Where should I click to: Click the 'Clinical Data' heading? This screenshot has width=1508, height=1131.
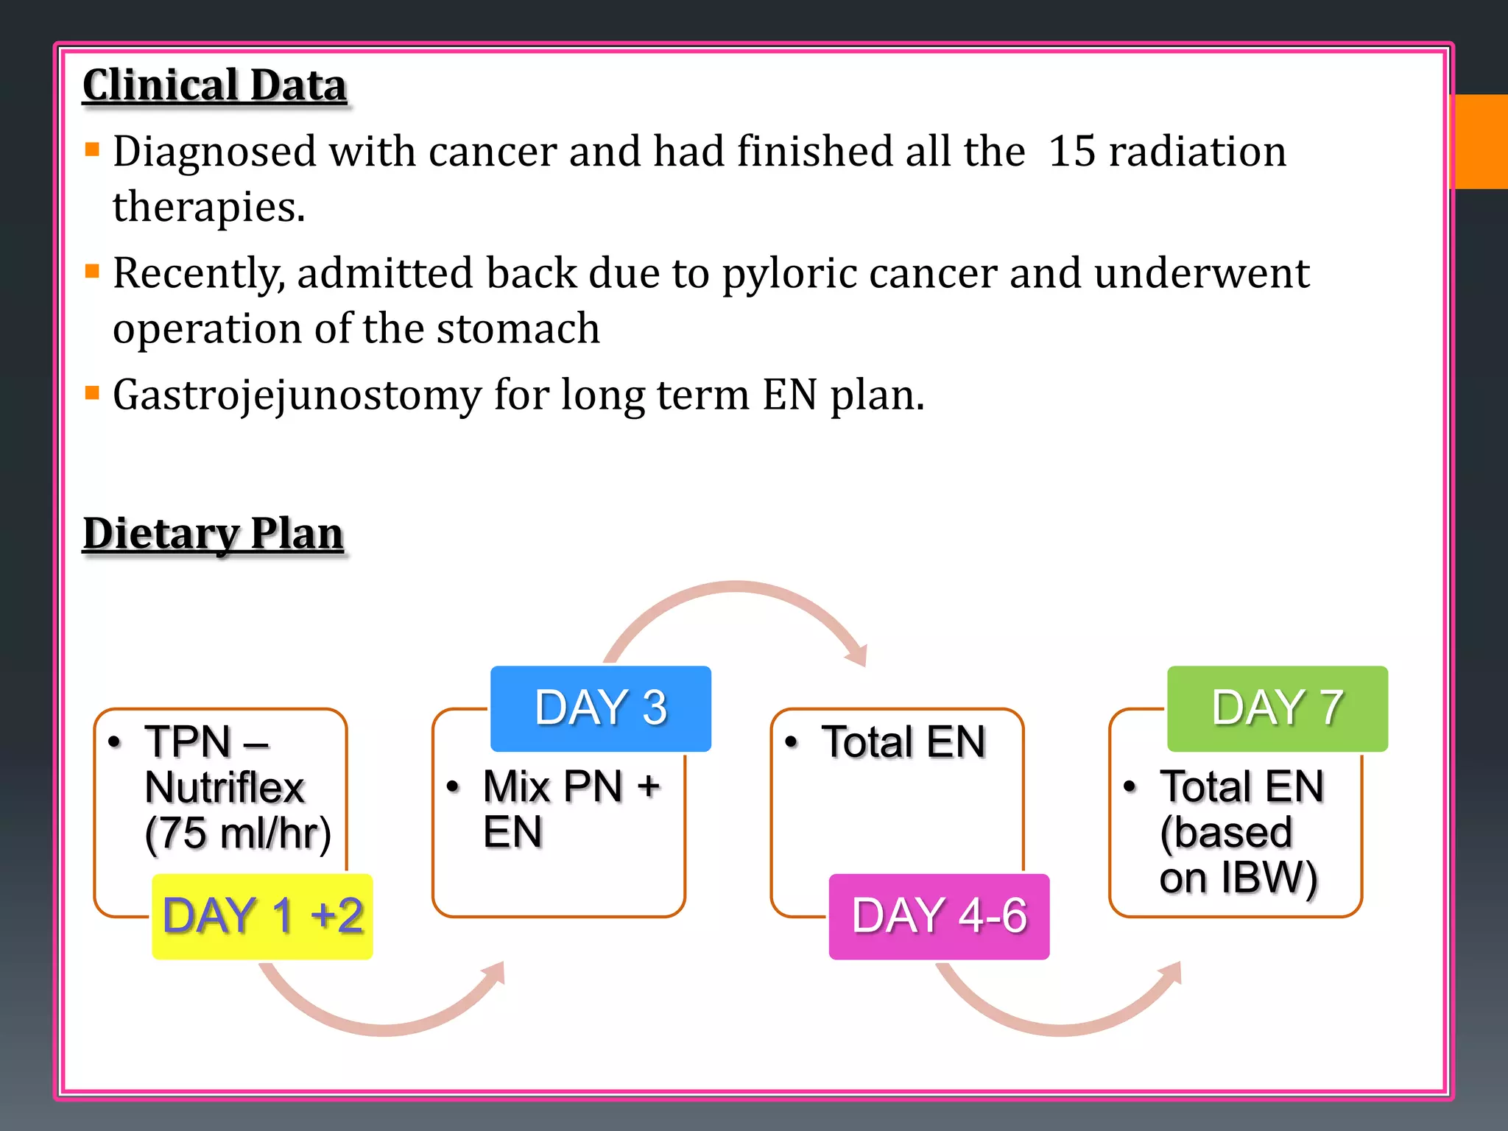click(x=214, y=85)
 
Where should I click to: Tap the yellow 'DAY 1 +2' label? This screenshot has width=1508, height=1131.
click(x=262, y=916)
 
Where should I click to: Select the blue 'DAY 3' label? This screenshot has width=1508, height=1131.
click(x=601, y=708)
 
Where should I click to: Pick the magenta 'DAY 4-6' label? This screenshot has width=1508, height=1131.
click(x=939, y=916)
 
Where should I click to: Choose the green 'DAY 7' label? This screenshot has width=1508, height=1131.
click(x=1278, y=708)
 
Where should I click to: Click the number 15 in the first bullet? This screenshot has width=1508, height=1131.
click(x=1071, y=152)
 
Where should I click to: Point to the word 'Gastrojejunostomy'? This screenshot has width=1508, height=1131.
click(x=297, y=395)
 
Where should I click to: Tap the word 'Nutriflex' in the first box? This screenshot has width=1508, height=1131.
click(x=225, y=788)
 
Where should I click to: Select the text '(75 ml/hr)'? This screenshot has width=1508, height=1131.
click(x=238, y=834)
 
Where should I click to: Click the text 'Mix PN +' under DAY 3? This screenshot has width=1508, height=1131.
click(x=571, y=786)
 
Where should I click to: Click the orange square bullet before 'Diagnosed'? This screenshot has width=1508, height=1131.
click(x=92, y=150)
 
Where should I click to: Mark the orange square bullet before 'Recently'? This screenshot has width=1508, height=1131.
click(x=92, y=272)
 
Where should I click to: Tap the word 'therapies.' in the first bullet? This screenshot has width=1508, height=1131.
click(x=208, y=207)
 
